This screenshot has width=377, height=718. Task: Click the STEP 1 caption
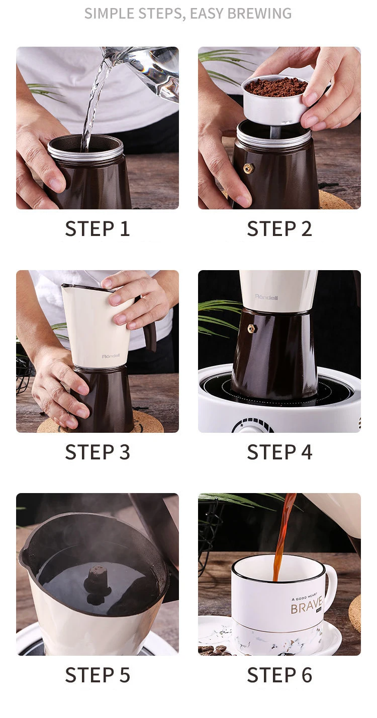point(98,228)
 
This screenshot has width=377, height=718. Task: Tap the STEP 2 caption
point(279,228)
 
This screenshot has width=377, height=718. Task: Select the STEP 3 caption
point(98,452)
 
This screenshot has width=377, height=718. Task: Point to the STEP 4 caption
point(279,452)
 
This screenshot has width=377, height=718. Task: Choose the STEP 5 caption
point(98,675)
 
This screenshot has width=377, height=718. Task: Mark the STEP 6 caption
point(279,675)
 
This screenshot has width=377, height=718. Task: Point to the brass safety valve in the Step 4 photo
point(251,328)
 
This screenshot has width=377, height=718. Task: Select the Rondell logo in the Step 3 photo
point(111,356)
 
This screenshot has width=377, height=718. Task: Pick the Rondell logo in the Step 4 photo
point(266,297)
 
